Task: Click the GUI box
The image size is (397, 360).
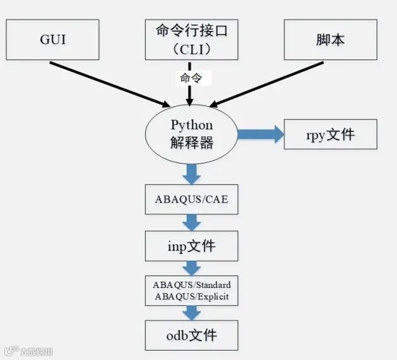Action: pos(52,39)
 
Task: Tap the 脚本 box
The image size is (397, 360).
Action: pos(330,39)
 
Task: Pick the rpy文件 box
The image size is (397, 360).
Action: pos(330,134)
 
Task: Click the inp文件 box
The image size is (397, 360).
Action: pos(191,246)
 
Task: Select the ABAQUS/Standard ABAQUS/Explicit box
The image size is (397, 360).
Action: pos(191,291)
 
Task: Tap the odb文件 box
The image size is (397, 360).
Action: pos(191,335)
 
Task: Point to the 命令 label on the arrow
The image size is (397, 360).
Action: pos(191,78)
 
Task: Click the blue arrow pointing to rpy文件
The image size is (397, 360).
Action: pos(260,134)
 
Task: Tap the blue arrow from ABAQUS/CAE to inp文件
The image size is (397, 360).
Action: pos(191,222)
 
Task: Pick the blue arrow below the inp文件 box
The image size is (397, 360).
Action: pos(191,268)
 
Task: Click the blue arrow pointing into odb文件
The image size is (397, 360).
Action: pos(191,313)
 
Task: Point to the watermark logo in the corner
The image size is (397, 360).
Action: pos(11,351)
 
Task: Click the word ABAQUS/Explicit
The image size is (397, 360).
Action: pos(191,296)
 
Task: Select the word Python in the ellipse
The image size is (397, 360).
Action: pos(191,124)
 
